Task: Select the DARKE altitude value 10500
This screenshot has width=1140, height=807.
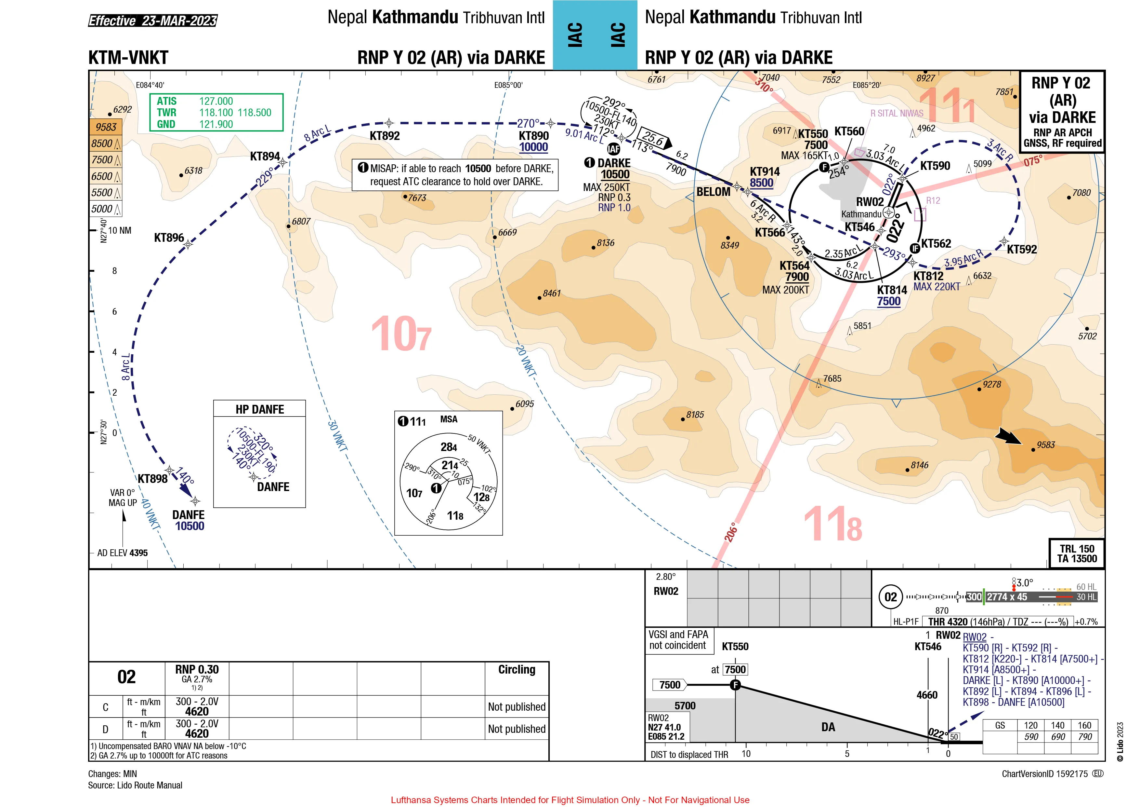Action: click(x=615, y=174)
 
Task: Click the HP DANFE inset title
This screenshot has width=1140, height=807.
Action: click(x=260, y=409)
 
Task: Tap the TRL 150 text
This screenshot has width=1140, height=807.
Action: click(x=1077, y=549)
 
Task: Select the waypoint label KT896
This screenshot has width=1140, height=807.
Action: click(x=169, y=238)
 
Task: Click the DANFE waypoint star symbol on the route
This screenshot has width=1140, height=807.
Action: click(x=196, y=501)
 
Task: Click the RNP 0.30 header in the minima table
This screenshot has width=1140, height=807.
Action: click(x=197, y=669)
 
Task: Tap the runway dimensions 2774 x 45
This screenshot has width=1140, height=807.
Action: click(x=1007, y=597)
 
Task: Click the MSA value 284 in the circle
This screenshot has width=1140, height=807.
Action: click(x=449, y=447)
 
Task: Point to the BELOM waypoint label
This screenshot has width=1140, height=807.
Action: click(x=713, y=192)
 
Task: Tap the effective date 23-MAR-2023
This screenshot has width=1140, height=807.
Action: click(x=179, y=21)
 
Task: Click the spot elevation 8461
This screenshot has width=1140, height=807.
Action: click(x=552, y=293)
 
